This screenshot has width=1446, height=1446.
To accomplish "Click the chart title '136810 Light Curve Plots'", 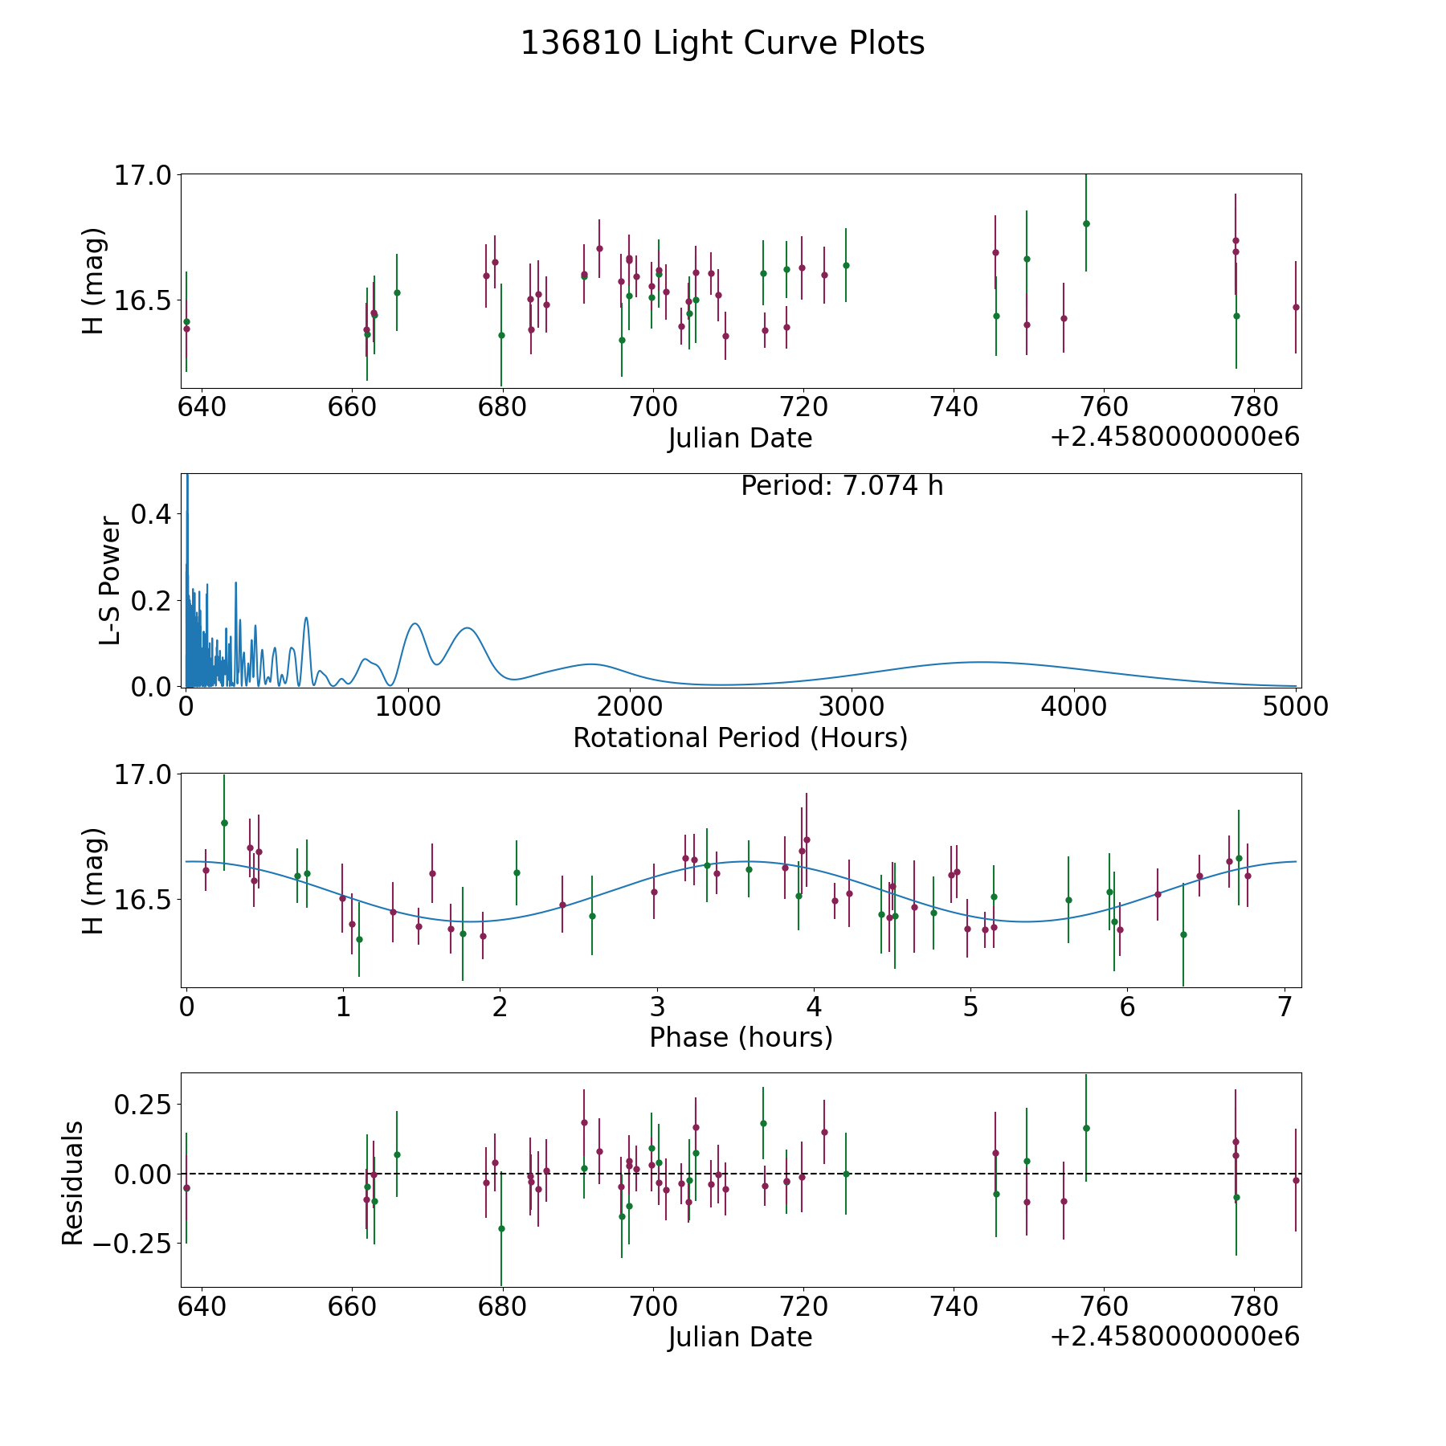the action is [x=722, y=43].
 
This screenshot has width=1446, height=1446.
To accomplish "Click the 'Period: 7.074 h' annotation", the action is [x=842, y=486].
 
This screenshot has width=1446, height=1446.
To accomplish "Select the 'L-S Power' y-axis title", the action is [x=110, y=581].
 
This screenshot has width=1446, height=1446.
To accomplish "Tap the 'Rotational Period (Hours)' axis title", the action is [x=740, y=737].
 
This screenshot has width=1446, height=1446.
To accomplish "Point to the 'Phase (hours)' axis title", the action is [x=741, y=1037].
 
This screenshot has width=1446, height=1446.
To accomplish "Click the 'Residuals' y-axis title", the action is [x=72, y=1183].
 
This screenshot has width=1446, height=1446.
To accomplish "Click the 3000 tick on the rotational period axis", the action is [x=852, y=707].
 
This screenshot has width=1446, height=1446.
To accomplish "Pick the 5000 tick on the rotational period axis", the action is [x=1295, y=707].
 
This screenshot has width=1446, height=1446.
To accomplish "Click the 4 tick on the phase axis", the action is [x=814, y=1007].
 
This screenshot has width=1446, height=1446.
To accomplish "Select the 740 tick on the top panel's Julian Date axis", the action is [x=954, y=407].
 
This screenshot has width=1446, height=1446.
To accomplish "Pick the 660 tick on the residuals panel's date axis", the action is [x=352, y=1306].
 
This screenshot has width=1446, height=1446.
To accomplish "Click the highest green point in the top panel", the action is [x=1086, y=223].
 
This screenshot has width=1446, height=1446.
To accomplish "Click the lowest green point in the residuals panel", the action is [x=501, y=1228].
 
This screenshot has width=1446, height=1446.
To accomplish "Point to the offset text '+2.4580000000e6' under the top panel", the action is [x=1174, y=438].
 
